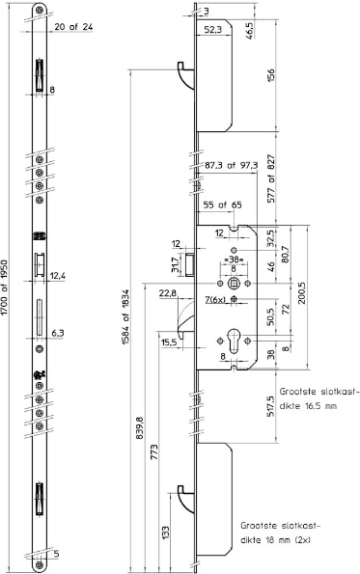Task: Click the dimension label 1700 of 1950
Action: [4, 287]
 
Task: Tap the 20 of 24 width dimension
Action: [73, 27]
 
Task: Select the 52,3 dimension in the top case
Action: [212, 30]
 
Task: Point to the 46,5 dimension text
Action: [250, 30]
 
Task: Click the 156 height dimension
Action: [271, 75]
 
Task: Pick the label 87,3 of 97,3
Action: [231, 166]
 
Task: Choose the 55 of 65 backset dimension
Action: [223, 205]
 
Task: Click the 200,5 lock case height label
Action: [302, 293]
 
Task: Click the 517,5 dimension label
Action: [271, 406]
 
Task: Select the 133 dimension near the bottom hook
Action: [165, 533]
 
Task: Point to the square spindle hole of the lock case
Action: [234, 284]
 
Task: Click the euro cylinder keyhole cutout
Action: [234, 341]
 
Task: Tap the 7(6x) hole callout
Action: [215, 300]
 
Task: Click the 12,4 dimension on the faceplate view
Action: [58, 276]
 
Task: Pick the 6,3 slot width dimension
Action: [58, 333]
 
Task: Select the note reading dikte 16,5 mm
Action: [308, 406]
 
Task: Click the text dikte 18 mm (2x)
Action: [276, 540]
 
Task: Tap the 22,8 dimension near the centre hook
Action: [168, 293]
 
